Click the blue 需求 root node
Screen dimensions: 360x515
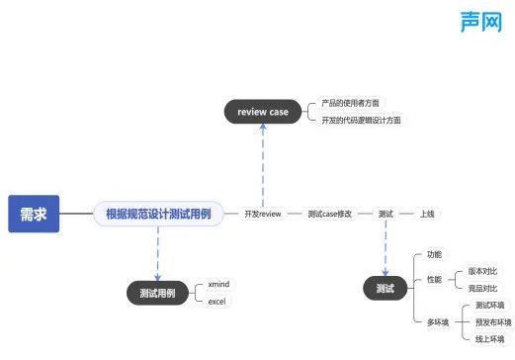(34, 213)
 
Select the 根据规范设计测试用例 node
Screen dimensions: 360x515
(158, 213)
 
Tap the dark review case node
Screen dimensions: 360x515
(263, 112)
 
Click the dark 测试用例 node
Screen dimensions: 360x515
(158, 292)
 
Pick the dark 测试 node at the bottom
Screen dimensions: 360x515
(386, 289)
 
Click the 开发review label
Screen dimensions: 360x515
(263, 213)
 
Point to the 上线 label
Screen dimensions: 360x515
(427, 213)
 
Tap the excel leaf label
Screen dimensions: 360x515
(217, 301)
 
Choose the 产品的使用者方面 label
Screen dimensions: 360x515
(350, 103)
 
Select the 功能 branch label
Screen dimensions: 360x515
(434, 255)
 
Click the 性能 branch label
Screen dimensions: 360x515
(434, 280)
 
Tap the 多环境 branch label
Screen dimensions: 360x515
(438, 321)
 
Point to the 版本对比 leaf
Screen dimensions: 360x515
(482, 271)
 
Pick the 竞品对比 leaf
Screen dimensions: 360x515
(482, 288)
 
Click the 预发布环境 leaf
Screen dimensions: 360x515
(493, 322)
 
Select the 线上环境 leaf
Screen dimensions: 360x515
(489, 339)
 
